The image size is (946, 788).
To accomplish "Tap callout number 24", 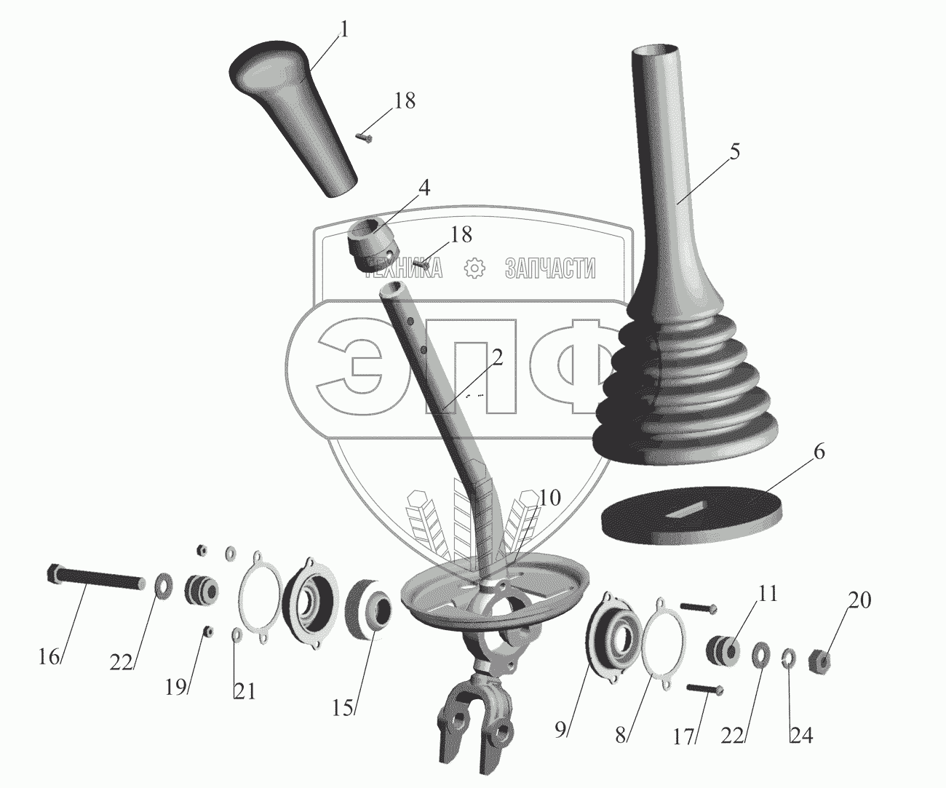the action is pos(800,736).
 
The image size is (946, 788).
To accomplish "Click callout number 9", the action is pos(560,730).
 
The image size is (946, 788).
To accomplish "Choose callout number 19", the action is pos(176,687).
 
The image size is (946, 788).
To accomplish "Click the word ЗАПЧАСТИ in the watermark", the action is pos(550,268).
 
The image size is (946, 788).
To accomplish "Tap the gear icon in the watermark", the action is pos(474,268).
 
